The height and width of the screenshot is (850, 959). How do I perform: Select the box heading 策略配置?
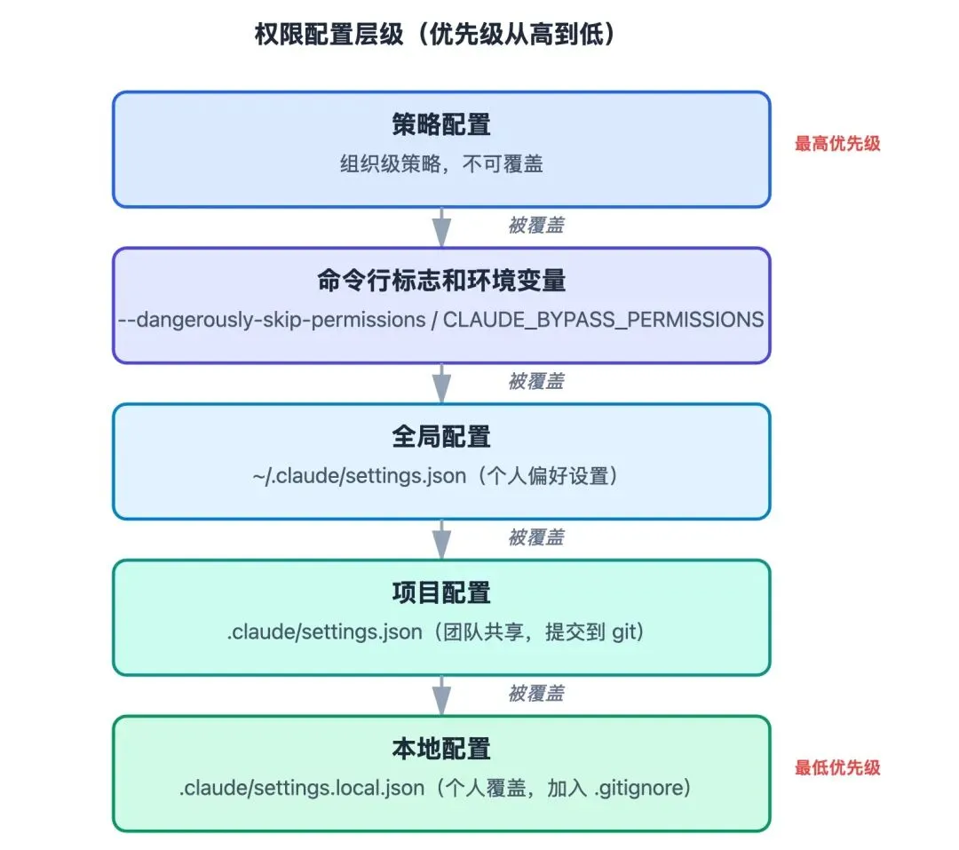tap(440, 125)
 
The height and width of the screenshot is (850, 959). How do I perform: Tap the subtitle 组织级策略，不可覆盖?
tap(440, 164)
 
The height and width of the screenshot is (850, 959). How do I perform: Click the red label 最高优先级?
tap(837, 144)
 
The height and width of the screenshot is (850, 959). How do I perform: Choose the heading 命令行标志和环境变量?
tap(440, 281)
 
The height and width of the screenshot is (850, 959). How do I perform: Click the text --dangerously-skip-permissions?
tap(272, 320)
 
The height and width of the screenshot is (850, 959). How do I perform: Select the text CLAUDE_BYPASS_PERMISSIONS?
tap(603, 320)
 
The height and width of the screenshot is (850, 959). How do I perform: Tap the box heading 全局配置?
tap(440, 437)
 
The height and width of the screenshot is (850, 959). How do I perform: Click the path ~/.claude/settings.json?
tap(359, 476)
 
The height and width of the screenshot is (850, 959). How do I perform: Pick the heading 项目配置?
tap(440, 592)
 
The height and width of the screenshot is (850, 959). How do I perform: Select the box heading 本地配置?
tap(440, 749)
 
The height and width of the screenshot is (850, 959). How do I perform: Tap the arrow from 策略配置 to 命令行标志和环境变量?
tap(441, 227)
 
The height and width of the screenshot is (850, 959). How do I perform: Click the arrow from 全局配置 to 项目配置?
tap(441, 539)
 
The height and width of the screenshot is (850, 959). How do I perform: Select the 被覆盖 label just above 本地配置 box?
tap(535, 694)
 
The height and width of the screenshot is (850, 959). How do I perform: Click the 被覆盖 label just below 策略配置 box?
tap(535, 226)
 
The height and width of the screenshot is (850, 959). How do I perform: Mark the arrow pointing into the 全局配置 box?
tap(441, 384)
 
